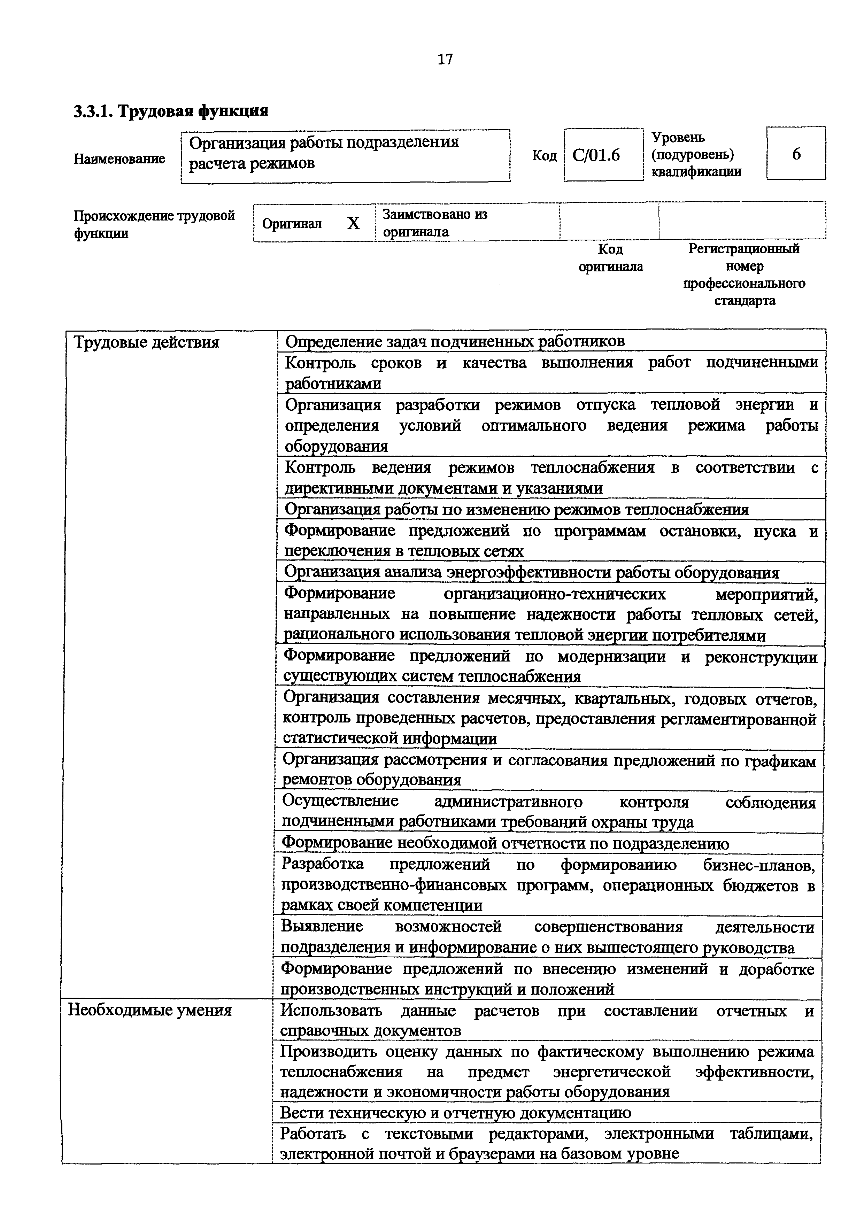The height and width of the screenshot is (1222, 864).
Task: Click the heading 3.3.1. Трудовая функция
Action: pos(171,111)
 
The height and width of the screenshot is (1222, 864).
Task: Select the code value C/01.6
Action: pos(596,155)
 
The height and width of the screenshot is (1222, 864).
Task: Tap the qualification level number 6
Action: pos(796,154)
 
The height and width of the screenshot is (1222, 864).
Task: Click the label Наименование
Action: pos(119,158)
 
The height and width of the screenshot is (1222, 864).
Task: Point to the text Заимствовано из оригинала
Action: pos(434,223)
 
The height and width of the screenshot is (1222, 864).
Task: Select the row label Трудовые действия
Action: pos(146,342)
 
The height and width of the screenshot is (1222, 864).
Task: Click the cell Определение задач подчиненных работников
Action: pos(455,341)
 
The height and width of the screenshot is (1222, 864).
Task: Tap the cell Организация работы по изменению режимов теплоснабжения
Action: pos(516,509)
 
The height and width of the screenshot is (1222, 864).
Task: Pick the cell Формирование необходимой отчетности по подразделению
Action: pos(505,843)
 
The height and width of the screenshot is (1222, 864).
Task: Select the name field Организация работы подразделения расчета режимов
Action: pos(345,153)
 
